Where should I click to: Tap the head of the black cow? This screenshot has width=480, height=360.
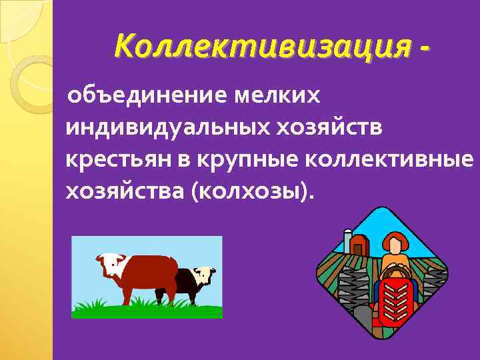pos(203,274)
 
